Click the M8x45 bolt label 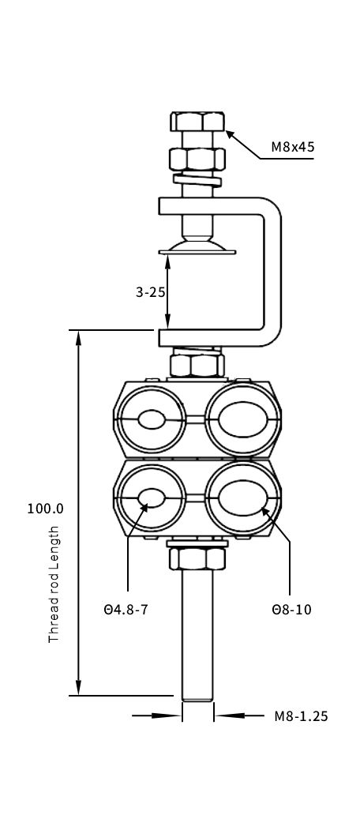click(x=293, y=147)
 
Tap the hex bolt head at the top click(x=197, y=121)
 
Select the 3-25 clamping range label click(x=150, y=291)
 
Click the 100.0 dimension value click(x=46, y=509)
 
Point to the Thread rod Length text click(x=54, y=584)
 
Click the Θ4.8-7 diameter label click(x=126, y=610)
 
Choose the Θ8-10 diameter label click(x=291, y=610)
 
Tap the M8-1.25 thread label click(x=302, y=716)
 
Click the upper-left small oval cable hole click(x=152, y=420)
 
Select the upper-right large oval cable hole click(x=242, y=420)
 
